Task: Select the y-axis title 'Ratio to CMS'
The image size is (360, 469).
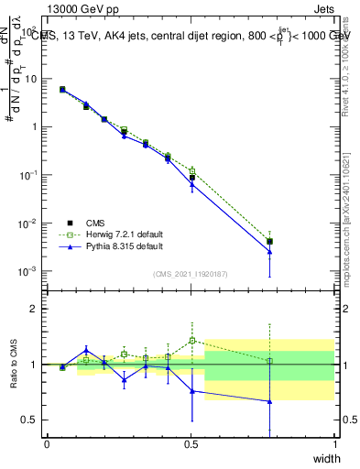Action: click(x=14, y=364)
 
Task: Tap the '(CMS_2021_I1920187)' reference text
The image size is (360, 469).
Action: click(x=191, y=274)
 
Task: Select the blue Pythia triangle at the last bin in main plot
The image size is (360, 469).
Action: click(x=269, y=252)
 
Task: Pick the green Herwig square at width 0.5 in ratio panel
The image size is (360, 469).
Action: click(x=191, y=341)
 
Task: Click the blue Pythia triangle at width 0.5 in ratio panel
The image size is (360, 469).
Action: click(x=191, y=391)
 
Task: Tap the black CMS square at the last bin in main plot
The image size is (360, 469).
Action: click(x=269, y=242)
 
